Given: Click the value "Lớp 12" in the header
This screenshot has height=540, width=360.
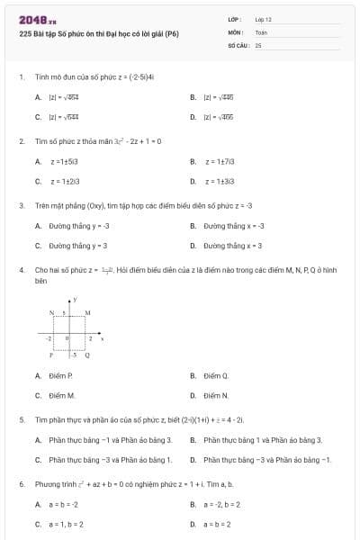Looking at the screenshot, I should [263, 19].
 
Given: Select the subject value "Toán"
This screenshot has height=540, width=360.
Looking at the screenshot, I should [261, 31].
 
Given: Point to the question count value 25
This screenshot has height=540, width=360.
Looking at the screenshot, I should [258, 44].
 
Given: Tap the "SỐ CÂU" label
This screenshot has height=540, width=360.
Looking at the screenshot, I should [238, 44].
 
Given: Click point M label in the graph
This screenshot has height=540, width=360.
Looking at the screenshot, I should [87, 311].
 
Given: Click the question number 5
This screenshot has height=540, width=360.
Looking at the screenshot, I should [21, 419].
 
